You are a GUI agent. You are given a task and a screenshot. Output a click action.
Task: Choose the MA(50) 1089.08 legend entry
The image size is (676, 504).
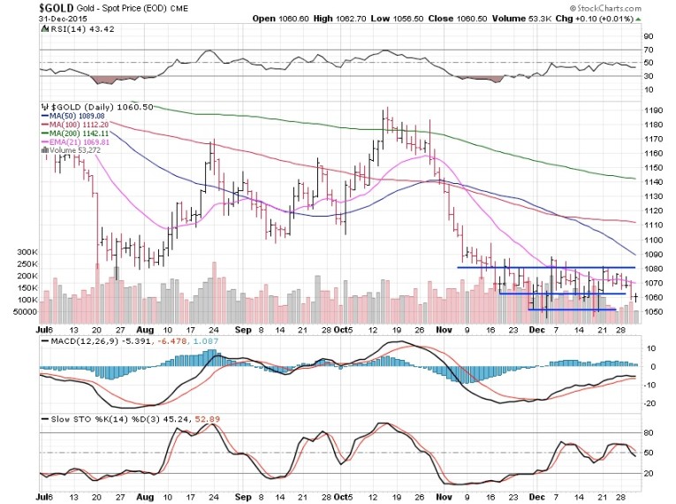[x=79, y=116]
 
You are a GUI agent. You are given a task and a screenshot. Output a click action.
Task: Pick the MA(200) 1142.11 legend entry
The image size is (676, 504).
[x=81, y=133]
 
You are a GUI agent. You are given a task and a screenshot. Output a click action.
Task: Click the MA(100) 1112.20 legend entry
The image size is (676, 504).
[x=81, y=125]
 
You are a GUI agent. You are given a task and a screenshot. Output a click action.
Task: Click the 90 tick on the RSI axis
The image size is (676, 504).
[x=648, y=36]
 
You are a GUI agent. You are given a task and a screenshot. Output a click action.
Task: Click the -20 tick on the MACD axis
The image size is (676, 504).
[x=649, y=404]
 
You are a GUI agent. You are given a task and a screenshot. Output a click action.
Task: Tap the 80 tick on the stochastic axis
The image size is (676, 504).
[x=648, y=433]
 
